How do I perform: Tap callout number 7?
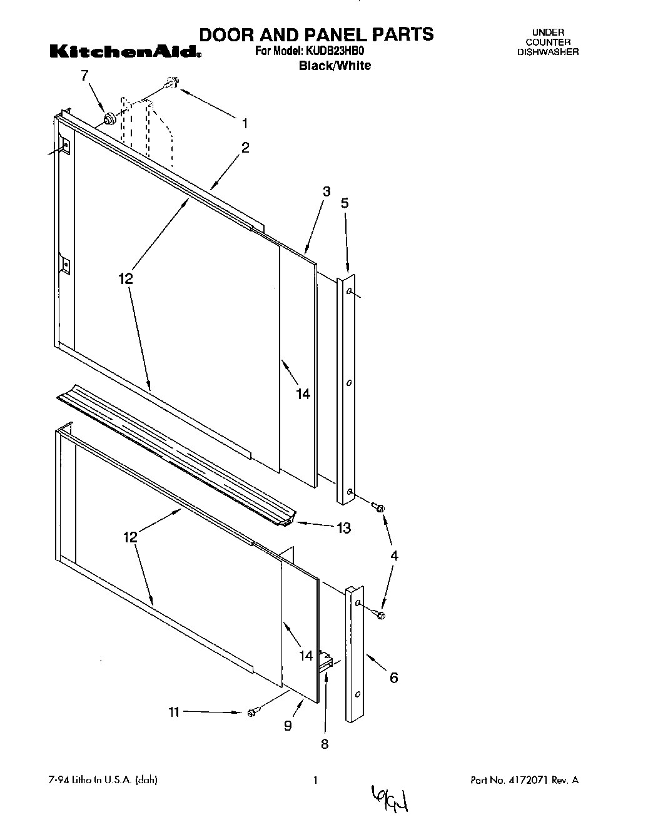pyautogui.click(x=85, y=76)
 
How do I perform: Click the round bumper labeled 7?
pyautogui.click(x=111, y=118)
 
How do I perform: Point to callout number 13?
pyautogui.click(x=344, y=528)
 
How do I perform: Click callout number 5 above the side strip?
pyautogui.click(x=345, y=203)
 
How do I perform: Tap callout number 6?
pyautogui.click(x=393, y=677)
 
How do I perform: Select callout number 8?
pyautogui.click(x=325, y=744)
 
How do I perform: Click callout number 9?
pyautogui.click(x=288, y=726)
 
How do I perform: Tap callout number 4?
pyautogui.click(x=393, y=556)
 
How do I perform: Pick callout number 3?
pyautogui.click(x=327, y=192)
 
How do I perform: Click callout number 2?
pyautogui.click(x=245, y=148)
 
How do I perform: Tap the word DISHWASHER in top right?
pyautogui.click(x=547, y=52)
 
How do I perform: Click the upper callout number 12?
pyautogui.click(x=126, y=279)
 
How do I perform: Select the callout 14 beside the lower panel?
pyautogui.click(x=306, y=656)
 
